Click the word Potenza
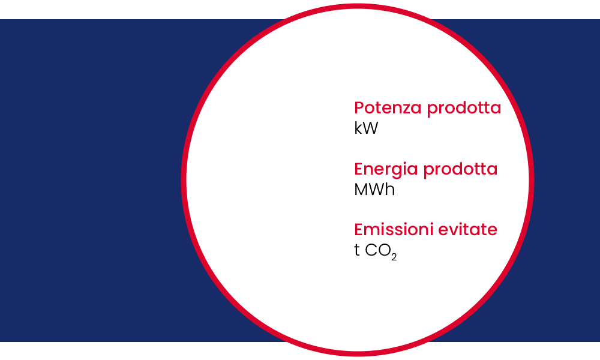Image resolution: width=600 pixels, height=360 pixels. (x=388, y=108)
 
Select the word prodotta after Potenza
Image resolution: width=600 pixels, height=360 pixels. (x=464, y=109)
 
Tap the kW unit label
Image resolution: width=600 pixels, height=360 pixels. (x=366, y=128)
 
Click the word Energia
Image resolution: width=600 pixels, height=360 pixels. (x=386, y=170)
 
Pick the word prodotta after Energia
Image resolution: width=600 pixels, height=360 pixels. (x=460, y=170)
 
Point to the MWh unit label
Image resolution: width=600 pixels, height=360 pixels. (x=374, y=190)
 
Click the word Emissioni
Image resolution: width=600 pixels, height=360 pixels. (x=394, y=230)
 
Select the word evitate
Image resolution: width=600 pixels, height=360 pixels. (x=467, y=230)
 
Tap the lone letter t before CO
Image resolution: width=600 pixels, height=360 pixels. (x=357, y=251)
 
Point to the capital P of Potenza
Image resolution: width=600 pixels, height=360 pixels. (x=359, y=108)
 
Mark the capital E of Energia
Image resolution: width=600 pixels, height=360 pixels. (x=359, y=169)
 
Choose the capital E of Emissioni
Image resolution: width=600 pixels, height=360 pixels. (x=359, y=230)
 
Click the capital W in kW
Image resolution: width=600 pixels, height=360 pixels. (x=370, y=128)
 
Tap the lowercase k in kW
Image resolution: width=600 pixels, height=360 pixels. (x=358, y=128)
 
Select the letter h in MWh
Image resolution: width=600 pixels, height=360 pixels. (x=391, y=190)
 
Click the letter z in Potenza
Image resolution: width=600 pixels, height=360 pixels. (x=407, y=110)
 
